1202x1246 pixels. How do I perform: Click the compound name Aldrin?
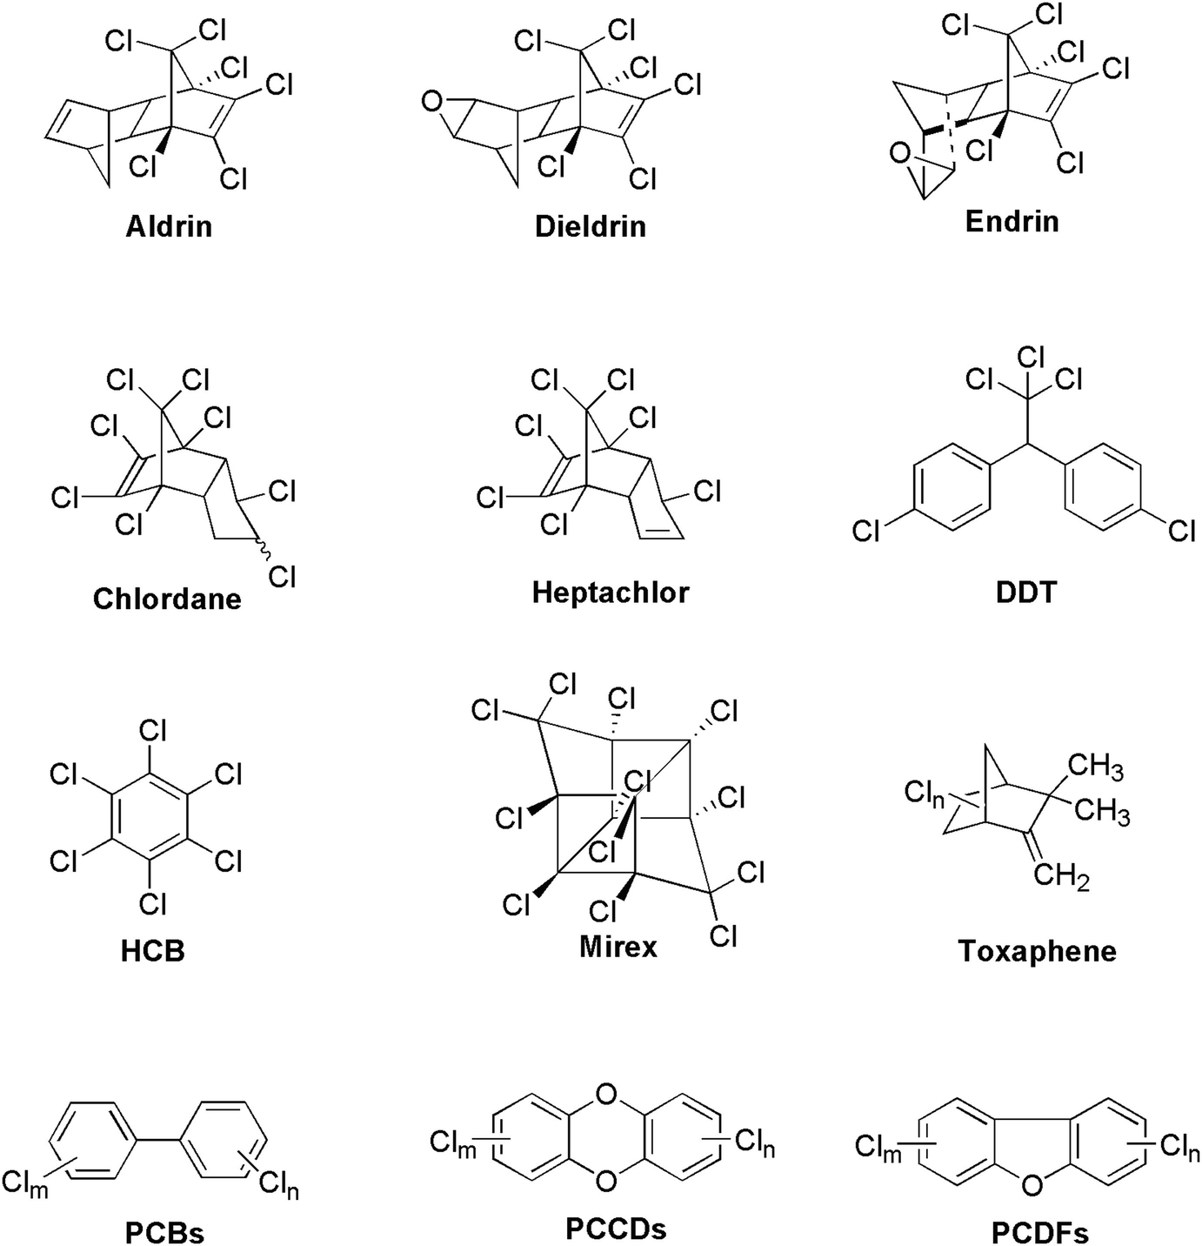pos(169,226)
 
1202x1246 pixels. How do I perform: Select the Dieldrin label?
pos(591,226)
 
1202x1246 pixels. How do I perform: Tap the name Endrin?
pos(1012,220)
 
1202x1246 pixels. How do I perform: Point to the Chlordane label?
pos(167,599)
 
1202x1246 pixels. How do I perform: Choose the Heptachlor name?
pos(610,593)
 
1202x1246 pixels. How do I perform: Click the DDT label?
pos(1025,593)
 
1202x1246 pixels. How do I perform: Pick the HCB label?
pos(153,950)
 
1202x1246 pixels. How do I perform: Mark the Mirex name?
pos(618,946)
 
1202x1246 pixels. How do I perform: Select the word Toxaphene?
pos(1037,950)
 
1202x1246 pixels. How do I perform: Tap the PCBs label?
pos(164,1232)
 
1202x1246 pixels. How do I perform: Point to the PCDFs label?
pos(1039,1232)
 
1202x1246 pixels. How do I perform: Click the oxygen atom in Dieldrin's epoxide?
pos(431,103)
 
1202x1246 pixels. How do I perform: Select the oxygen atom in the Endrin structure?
pos(900,156)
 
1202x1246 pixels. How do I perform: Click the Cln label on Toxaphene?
pos(924,794)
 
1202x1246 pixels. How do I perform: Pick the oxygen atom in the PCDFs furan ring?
pos(1032,1184)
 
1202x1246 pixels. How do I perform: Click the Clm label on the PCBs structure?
pos(25,1183)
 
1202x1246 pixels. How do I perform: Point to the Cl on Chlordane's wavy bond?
pos(283,576)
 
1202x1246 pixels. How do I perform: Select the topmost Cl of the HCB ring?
pos(153,730)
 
